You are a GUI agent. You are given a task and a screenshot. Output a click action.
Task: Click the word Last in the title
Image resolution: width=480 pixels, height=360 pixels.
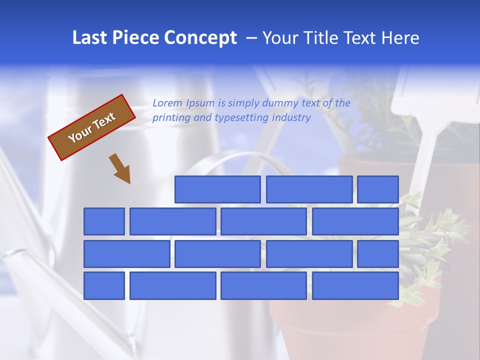pyautogui.click(x=90, y=38)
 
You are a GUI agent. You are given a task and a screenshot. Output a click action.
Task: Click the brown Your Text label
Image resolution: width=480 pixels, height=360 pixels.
pyautogui.click(x=92, y=127)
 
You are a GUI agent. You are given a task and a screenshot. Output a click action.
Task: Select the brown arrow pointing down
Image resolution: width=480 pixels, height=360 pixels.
pyautogui.click(x=120, y=168)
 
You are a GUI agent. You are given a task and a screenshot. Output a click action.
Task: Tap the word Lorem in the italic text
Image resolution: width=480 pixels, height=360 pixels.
pyautogui.click(x=167, y=103)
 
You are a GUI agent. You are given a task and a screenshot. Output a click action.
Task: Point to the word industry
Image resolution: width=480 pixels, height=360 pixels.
pyautogui.click(x=291, y=117)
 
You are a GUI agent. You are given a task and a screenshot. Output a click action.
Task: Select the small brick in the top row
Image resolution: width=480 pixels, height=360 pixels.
pyautogui.click(x=378, y=189)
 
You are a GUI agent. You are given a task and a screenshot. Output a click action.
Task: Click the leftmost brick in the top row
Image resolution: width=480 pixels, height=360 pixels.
pyautogui.click(x=217, y=189)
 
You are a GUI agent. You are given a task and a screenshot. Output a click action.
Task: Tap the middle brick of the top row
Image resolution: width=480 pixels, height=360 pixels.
pyautogui.click(x=309, y=189)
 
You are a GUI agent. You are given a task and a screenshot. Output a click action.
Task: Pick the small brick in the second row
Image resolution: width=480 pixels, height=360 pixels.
pyautogui.click(x=104, y=221)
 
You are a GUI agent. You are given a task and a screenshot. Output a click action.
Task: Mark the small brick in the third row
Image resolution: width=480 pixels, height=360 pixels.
pyautogui.click(x=378, y=254)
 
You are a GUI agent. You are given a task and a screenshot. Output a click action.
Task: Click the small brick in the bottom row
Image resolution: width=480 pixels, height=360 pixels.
pyautogui.click(x=104, y=286)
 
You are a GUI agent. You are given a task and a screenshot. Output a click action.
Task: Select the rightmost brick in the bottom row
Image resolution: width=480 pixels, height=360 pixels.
pyautogui.click(x=355, y=286)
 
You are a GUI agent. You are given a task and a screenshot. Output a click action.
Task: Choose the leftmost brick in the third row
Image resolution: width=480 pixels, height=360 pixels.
pyautogui.click(x=126, y=254)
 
